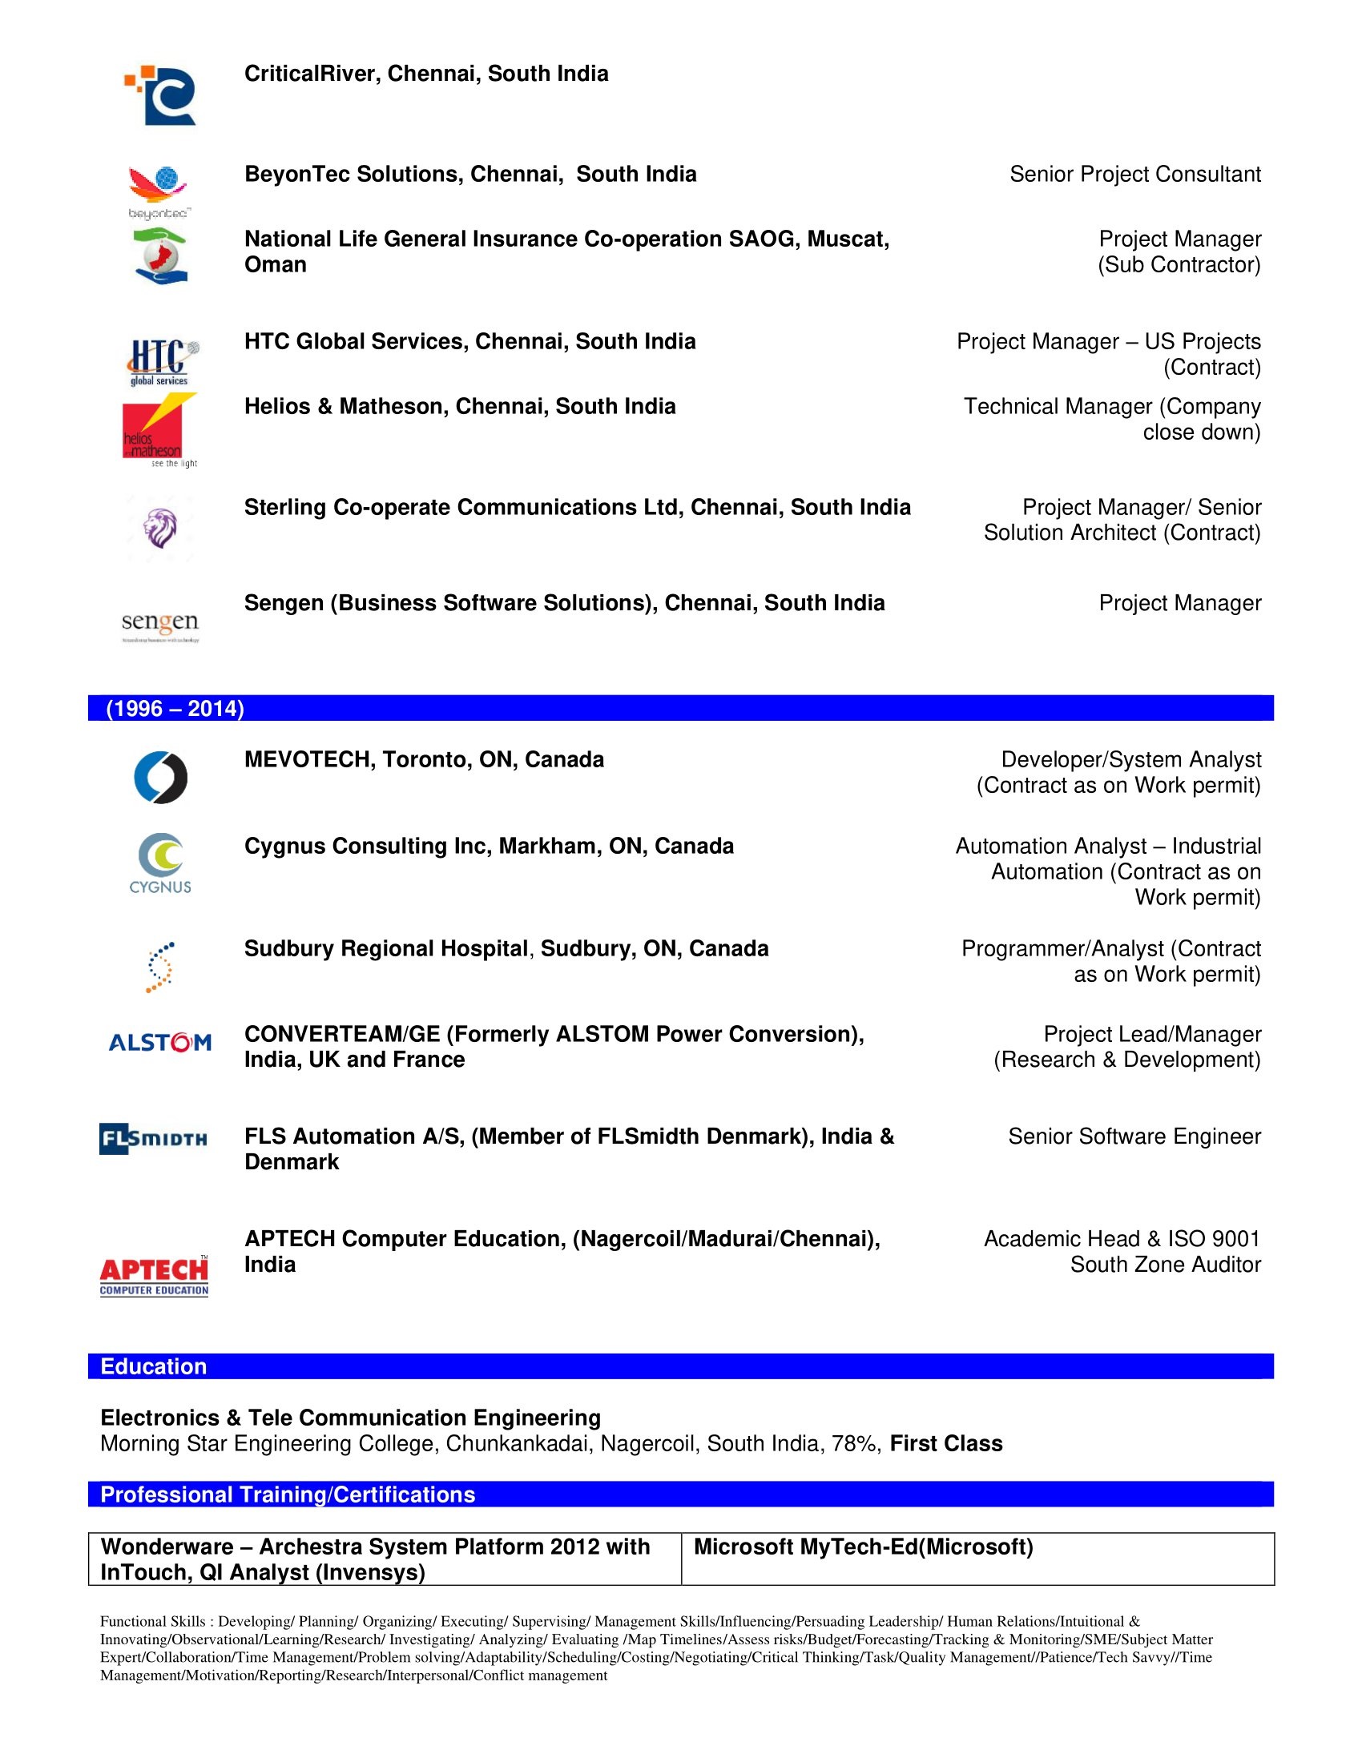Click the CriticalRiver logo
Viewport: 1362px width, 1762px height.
coord(161,95)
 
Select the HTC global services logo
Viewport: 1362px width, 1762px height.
coord(161,361)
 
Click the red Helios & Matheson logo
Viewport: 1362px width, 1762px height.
coord(158,428)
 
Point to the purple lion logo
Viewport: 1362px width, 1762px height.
coord(159,528)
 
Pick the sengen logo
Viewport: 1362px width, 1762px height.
coord(159,625)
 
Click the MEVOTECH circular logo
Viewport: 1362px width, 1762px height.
coord(160,778)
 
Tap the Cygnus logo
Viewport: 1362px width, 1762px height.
coord(160,863)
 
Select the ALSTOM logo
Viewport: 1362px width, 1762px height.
coord(159,1042)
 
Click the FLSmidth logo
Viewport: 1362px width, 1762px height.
coord(153,1138)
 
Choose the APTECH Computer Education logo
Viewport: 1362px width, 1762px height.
coord(154,1275)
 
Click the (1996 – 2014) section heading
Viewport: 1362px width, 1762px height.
coord(175,708)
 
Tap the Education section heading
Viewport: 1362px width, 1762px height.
coord(153,1366)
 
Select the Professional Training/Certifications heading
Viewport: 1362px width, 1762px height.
coord(288,1494)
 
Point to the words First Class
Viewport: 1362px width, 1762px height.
coord(945,1443)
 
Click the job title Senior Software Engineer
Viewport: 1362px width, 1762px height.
coord(1134,1136)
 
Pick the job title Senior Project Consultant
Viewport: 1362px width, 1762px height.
coord(1134,175)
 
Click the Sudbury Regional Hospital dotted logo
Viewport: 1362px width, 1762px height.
coord(160,967)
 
